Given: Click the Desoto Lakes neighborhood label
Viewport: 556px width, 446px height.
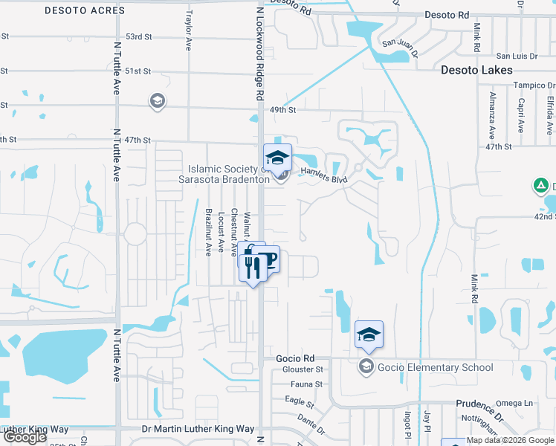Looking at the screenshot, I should pyautogui.click(x=476, y=70).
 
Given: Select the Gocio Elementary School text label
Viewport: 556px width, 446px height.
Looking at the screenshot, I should pyautogui.click(x=436, y=367).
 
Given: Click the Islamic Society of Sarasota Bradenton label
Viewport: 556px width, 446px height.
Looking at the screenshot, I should pyautogui.click(x=224, y=174).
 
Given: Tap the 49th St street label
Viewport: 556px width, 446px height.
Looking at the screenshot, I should pyautogui.click(x=282, y=110).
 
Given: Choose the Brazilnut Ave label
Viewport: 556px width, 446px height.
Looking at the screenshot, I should pyautogui.click(x=209, y=232).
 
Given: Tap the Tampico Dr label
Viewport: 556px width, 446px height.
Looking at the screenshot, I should pyautogui.click(x=532, y=85).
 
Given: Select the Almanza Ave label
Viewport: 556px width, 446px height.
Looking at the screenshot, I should pyautogui.click(x=491, y=118).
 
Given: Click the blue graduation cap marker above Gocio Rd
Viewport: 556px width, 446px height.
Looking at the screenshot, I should pyautogui.click(x=369, y=335).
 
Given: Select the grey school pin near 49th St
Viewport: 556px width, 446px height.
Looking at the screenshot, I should pyautogui.click(x=157, y=101).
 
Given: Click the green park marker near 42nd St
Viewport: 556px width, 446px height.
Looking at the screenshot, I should pyautogui.click(x=541, y=185).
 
